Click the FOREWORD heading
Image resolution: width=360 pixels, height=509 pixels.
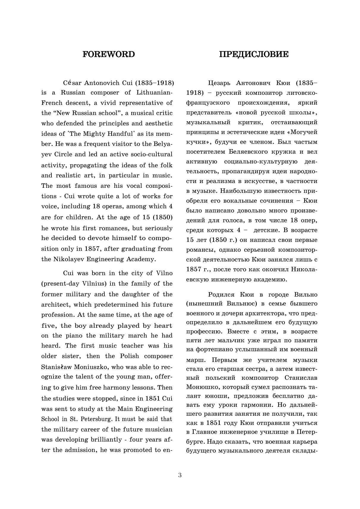[x=109, y=54]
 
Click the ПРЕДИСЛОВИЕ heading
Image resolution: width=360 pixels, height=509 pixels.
[x=254, y=54]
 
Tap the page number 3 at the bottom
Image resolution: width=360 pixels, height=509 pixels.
[x=180, y=475]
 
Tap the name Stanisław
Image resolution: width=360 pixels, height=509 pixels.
[x=56, y=367]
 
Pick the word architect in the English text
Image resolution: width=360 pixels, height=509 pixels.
[x=56, y=305]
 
